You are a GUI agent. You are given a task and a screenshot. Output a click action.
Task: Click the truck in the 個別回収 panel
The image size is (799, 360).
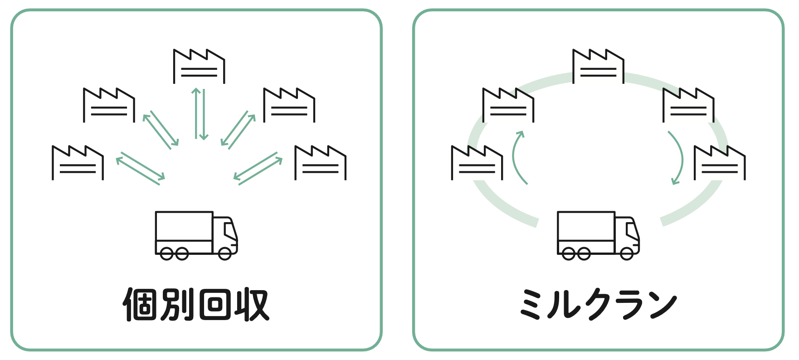(x=196, y=235)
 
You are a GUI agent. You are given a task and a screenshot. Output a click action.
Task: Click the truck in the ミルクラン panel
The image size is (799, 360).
(x=598, y=235)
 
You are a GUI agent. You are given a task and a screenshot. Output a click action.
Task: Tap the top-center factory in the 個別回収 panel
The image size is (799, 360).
(x=199, y=67)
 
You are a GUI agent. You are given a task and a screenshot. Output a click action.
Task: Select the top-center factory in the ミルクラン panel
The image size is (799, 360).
(x=598, y=67)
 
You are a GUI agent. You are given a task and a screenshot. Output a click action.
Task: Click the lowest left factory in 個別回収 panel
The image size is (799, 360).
(x=78, y=163)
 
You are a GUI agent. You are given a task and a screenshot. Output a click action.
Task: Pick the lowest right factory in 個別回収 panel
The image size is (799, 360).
(x=320, y=163)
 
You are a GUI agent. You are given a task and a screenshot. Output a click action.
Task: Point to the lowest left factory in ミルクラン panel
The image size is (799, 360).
(x=477, y=163)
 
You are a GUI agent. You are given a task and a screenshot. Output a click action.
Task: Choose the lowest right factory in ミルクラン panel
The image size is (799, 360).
(x=720, y=163)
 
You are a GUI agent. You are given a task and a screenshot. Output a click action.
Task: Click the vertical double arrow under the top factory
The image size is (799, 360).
(x=200, y=114)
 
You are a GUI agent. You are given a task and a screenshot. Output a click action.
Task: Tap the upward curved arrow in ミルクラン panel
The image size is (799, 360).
(x=518, y=157)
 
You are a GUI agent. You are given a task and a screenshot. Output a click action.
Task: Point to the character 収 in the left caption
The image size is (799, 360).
(x=251, y=305)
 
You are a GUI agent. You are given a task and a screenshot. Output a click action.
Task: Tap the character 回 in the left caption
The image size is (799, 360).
(x=214, y=305)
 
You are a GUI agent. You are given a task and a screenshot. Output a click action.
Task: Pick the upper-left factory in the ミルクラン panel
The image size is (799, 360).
(x=508, y=105)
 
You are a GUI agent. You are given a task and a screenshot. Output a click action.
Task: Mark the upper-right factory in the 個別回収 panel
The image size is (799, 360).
(x=289, y=105)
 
